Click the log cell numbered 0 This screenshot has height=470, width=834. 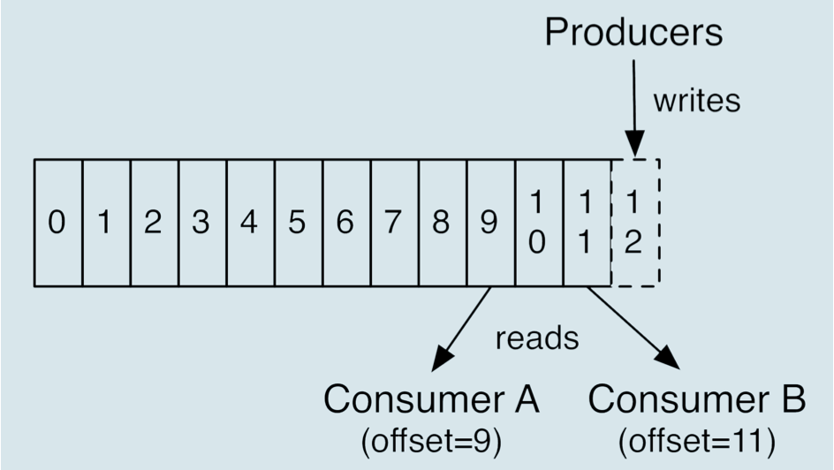pyautogui.click(x=58, y=223)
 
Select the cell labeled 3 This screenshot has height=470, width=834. pyautogui.click(x=203, y=223)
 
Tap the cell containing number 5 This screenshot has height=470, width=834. pyautogui.click(x=299, y=223)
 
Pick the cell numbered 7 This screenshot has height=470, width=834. pyautogui.click(x=395, y=223)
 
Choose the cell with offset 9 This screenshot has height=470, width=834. pyautogui.click(x=491, y=223)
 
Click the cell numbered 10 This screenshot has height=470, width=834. pyautogui.click(x=539, y=223)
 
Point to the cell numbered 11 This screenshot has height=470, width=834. pyautogui.click(x=588, y=223)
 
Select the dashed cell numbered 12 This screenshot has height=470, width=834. pyautogui.click(x=635, y=223)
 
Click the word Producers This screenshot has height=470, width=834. pyautogui.click(x=634, y=32)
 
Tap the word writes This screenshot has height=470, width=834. pyautogui.click(x=697, y=101)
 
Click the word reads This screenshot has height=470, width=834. pyautogui.click(x=537, y=338)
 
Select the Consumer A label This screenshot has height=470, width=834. pyautogui.click(x=431, y=398)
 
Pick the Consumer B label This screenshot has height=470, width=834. pyautogui.click(x=697, y=398)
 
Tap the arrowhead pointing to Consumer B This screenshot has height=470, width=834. pyautogui.click(x=668, y=357)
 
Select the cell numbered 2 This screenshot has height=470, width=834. pyautogui.click(x=155, y=223)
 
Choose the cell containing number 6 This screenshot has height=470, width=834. pyautogui.click(x=347, y=223)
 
